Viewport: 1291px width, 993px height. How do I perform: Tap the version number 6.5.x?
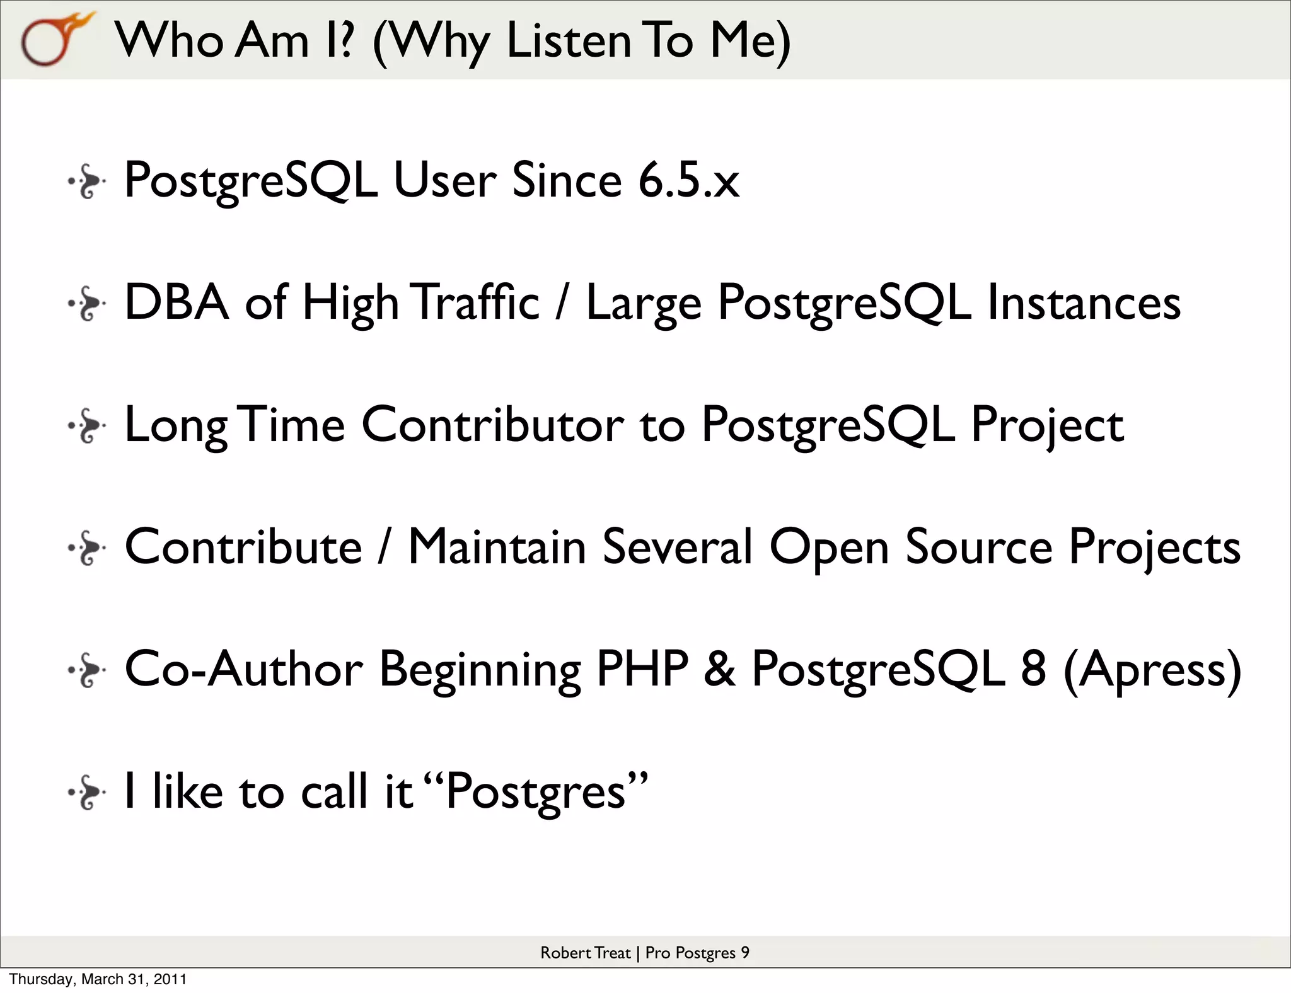(688, 180)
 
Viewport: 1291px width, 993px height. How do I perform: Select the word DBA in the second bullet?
(177, 302)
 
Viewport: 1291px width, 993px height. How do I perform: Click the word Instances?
(1084, 302)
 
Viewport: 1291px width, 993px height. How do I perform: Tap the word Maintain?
(497, 547)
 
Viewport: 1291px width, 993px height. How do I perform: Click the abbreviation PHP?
(642, 669)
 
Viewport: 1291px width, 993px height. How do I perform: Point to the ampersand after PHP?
(720, 669)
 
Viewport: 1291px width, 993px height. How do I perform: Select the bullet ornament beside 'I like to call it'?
(87, 793)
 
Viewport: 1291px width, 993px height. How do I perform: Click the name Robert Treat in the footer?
(585, 953)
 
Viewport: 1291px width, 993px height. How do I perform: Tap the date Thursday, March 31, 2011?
(98, 979)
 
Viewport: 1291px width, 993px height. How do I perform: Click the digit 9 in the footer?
(744, 953)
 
